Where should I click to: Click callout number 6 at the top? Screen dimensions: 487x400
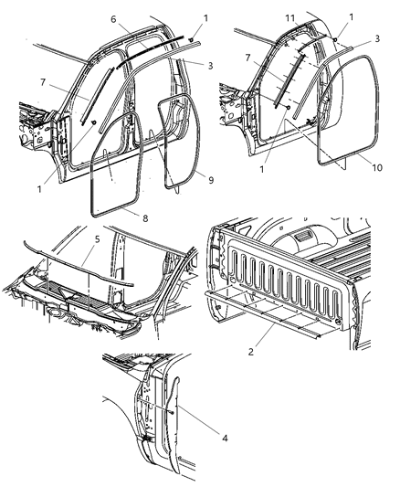tap(112, 18)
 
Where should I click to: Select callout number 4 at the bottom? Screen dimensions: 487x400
tap(213, 438)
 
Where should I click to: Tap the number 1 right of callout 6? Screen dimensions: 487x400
tap(205, 18)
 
